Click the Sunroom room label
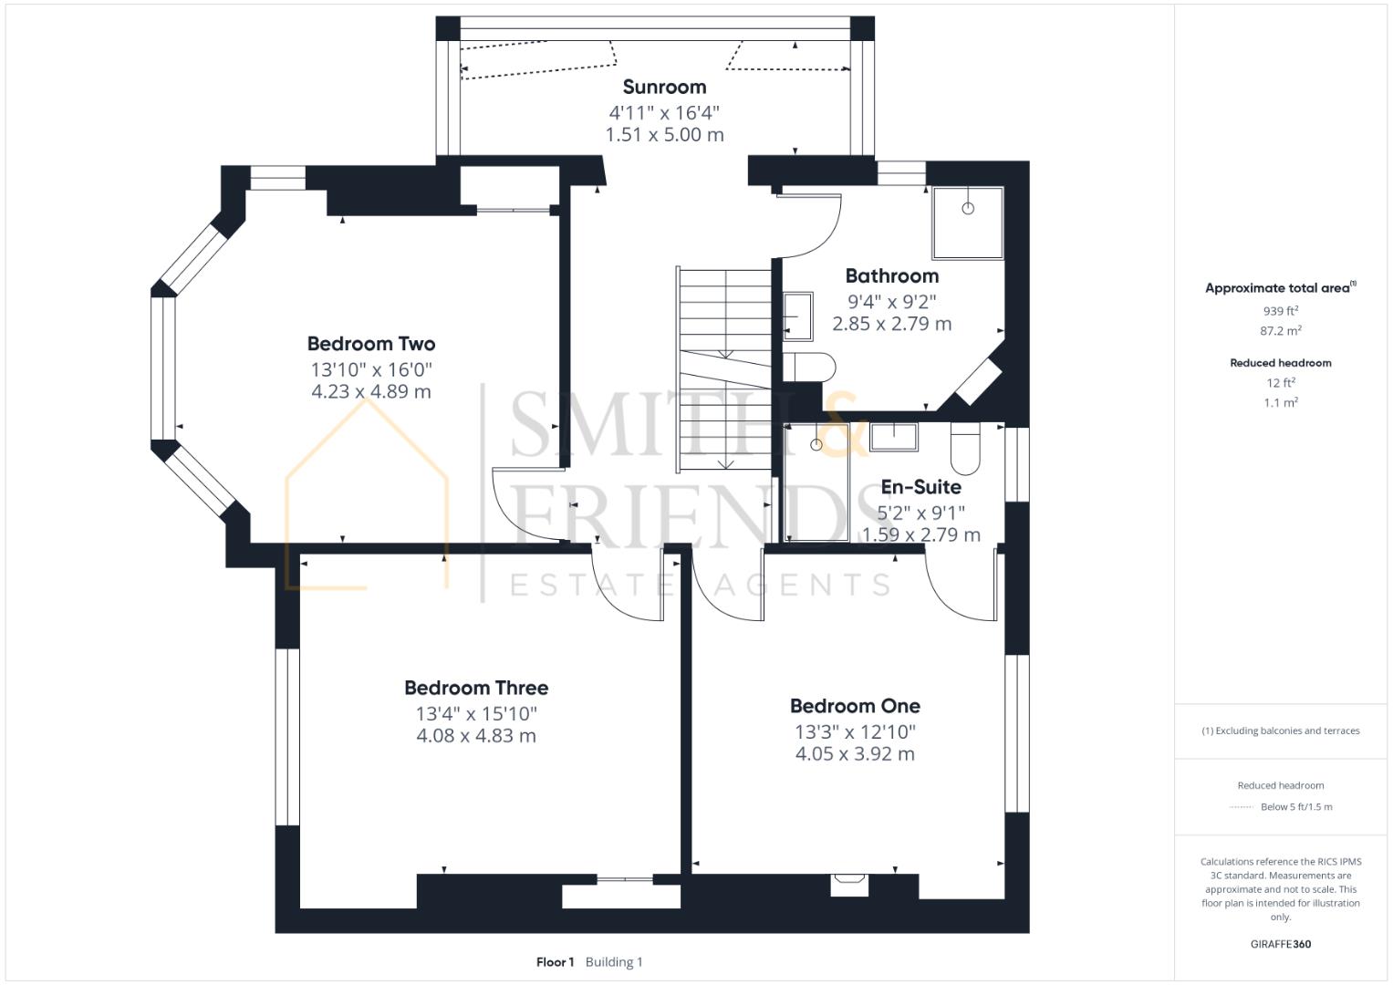click(664, 88)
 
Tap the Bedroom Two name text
click(370, 344)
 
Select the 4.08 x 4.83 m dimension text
click(476, 736)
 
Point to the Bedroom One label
click(855, 706)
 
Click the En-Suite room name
click(920, 487)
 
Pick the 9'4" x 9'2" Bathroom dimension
click(891, 301)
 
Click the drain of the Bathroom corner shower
click(967, 208)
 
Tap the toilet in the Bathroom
click(809, 367)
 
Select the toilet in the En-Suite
click(964, 448)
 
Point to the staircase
click(725, 369)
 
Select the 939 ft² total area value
click(1281, 310)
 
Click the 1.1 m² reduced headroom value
click(1281, 402)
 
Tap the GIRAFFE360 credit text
click(1281, 944)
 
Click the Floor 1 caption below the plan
click(555, 962)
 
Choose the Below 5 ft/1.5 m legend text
click(1295, 807)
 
